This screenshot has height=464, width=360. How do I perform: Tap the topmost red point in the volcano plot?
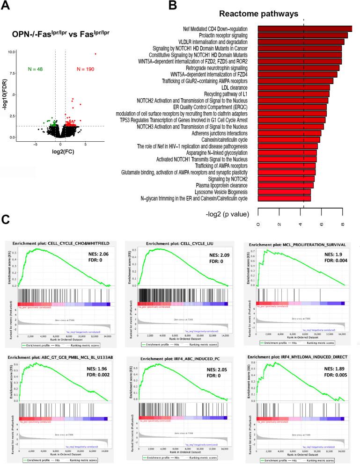96,54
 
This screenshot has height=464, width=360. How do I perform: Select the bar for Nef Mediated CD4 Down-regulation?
305,29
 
